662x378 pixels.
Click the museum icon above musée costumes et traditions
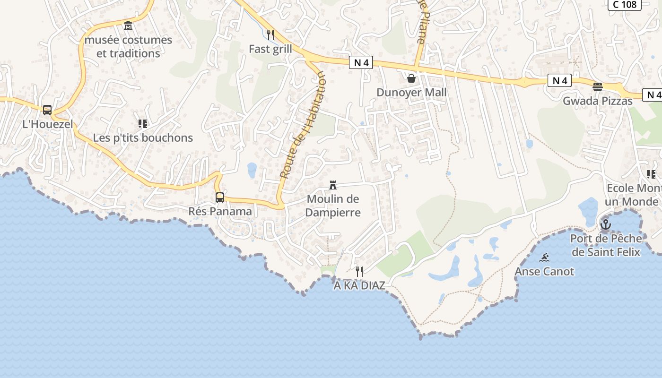pos(128,26)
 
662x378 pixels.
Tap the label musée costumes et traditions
pos(128,46)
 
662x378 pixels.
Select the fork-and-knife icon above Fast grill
pos(270,34)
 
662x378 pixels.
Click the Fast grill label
pos(270,49)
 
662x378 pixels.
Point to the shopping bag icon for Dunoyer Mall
pos(411,78)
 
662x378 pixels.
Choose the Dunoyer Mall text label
pos(411,92)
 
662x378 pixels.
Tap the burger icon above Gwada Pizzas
pos(598,87)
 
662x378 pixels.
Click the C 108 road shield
pos(624,5)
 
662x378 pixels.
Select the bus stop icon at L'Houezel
pos(47,110)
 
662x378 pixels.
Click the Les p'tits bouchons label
pos(143,138)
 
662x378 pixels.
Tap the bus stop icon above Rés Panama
pos(220,198)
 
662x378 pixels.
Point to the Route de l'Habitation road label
pos(303,125)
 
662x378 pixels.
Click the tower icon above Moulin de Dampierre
pos(333,185)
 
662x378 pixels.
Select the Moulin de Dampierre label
pos(333,206)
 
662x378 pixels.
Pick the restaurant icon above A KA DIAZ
pos(359,271)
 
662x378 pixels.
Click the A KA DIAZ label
pos(359,286)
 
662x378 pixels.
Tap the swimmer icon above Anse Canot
pos(544,258)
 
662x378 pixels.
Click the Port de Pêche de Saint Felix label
pos(606,245)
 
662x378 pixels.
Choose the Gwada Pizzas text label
pos(598,101)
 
